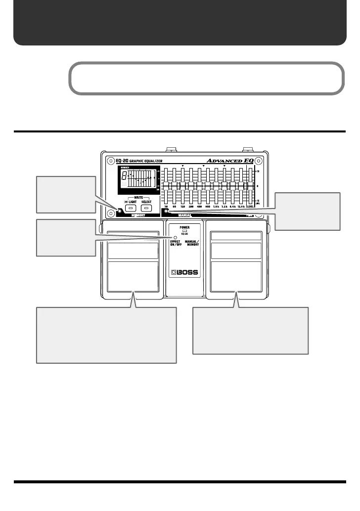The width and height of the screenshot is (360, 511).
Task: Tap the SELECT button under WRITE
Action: (x=146, y=209)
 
